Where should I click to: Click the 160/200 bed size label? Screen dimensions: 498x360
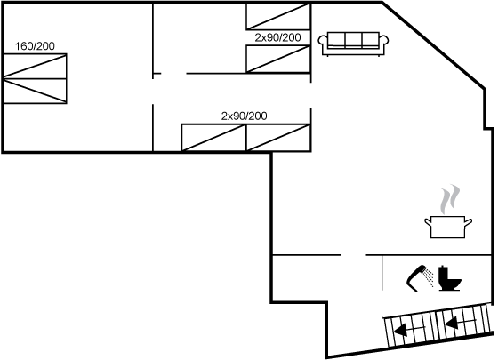35,46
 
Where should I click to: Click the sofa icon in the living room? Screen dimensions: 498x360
353,44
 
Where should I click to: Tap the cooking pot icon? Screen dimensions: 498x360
448,227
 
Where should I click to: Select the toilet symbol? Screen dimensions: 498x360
449,278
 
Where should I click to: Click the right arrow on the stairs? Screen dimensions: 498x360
461,324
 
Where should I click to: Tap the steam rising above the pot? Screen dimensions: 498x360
449,199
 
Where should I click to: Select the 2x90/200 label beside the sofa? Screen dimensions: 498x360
277,37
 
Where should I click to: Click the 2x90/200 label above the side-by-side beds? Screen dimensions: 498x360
244,116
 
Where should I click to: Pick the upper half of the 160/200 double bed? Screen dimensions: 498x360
35,66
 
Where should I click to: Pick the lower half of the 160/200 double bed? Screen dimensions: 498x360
35,91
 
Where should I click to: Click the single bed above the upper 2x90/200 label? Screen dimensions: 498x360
277,16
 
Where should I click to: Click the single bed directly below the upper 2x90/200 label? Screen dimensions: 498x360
277,59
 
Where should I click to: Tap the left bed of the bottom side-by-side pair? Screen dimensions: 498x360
213,138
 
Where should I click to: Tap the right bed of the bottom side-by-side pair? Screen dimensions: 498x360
277,138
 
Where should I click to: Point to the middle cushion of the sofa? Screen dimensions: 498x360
353,40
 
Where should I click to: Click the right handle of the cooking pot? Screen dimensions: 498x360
468,221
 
